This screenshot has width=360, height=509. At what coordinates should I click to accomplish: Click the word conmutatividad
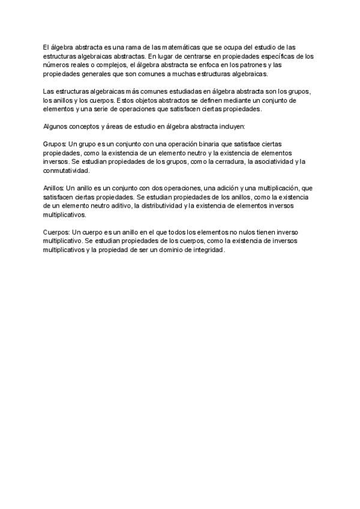(66, 170)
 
